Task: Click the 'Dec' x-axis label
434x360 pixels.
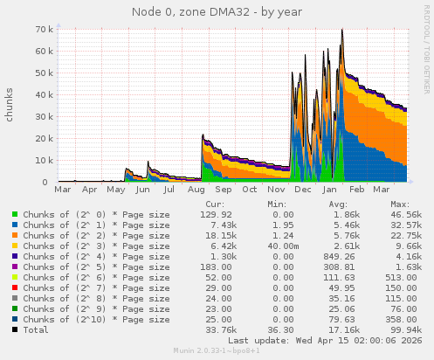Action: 304,189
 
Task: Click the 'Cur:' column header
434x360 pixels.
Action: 215,202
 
